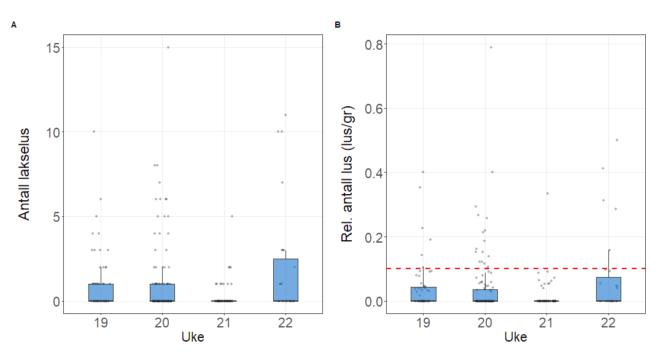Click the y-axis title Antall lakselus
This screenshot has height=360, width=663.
click(24, 174)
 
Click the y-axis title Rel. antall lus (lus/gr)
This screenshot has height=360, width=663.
click(347, 174)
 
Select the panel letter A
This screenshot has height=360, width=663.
click(14, 25)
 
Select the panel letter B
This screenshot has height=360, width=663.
click(337, 25)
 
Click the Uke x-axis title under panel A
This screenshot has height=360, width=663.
click(193, 337)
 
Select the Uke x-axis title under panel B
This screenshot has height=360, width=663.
click(516, 337)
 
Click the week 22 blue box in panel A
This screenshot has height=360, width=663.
click(285, 280)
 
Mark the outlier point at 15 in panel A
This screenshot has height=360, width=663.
click(168, 47)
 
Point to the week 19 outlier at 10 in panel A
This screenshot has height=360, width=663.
click(94, 131)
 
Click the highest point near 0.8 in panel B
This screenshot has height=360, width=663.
click(490, 47)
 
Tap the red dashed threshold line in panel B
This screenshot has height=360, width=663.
click(552, 268)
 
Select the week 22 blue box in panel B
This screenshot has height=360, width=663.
click(608, 289)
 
